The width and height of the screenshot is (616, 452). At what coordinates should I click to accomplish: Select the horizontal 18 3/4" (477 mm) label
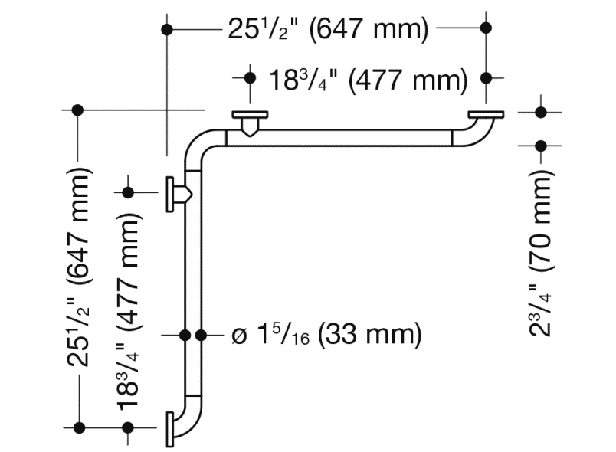coord(368,79)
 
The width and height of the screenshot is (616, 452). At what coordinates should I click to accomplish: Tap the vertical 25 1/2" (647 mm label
coord(79,268)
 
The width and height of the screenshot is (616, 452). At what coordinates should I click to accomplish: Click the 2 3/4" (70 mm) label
coord(541,253)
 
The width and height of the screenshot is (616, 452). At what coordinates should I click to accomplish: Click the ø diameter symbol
coord(238,336)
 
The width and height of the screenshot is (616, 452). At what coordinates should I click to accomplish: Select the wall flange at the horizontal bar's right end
coord(486,116)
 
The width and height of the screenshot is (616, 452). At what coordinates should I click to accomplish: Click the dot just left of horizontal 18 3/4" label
coord(249,78)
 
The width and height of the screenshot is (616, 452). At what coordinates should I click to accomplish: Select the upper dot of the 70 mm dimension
coord(541,113)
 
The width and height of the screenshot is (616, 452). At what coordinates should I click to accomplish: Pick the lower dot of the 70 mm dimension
coord(541,146)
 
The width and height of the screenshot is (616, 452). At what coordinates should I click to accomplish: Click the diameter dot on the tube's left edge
coord(185,335)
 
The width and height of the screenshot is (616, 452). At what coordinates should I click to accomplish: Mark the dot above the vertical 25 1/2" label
coord(77,110)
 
